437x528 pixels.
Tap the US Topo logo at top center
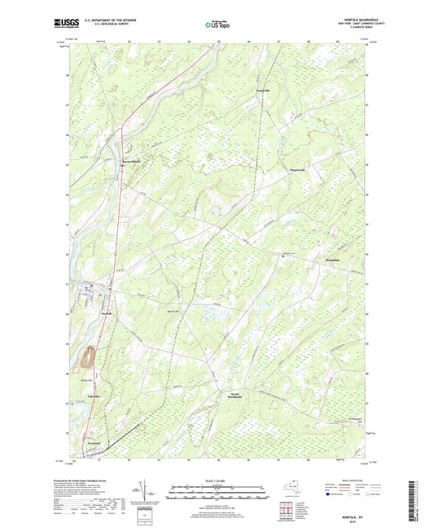click(x=217, y=25)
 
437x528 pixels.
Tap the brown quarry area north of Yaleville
click(x=86, y=357)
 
